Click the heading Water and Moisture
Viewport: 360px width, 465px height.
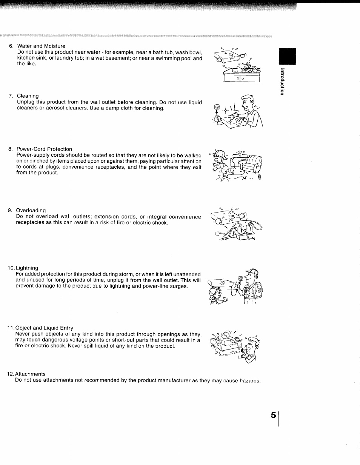tap(41, 46)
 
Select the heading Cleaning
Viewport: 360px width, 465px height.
tap(28, 96)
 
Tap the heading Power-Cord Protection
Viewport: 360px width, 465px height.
tap(44, 149)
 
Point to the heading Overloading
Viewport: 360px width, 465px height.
tap(31, 210)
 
